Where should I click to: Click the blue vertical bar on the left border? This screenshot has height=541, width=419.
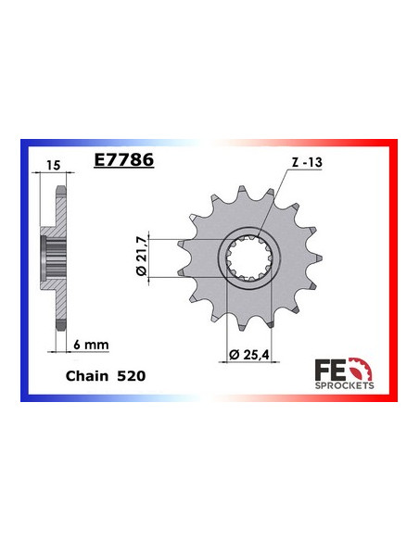click(22, 269)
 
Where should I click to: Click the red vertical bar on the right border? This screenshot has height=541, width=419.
click(396, 269)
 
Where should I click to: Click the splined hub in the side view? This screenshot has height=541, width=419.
click(49, 256)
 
